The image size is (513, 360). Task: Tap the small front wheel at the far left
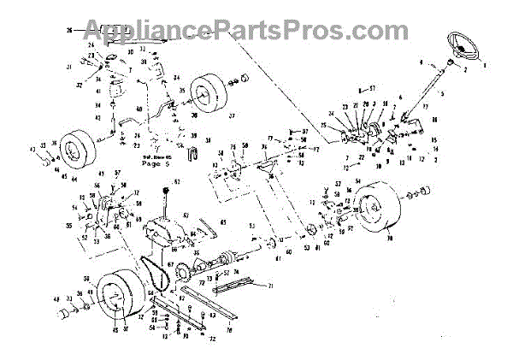coord(78,151)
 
